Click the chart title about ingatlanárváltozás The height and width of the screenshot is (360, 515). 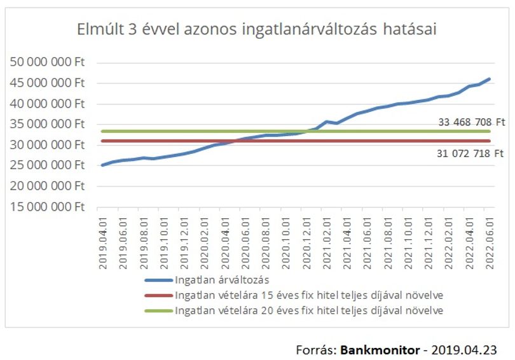coord(257,29)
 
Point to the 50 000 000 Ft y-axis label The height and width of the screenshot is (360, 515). coord(47,62)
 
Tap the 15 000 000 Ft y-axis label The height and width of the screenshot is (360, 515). coord(47,207)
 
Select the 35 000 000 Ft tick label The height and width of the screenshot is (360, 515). coord(47,124)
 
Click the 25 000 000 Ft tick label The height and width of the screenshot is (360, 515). coord(47,165)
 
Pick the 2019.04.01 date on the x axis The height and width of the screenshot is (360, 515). coord(103,243)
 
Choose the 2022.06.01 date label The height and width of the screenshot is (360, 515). coord(490,243)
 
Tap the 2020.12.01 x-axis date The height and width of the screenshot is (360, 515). coord(306,243)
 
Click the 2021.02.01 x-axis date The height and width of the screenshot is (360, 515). coord(327,243)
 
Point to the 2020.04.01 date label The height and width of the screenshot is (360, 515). coord(225,243)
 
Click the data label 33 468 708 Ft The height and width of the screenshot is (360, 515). coord(472,122)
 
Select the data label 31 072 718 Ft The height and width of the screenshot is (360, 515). coord(470,153)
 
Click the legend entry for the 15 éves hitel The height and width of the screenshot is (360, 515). coord(294,295)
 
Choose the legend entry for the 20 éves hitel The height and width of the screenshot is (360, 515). coord(294,310)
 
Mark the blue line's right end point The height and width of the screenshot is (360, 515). coord(490,79)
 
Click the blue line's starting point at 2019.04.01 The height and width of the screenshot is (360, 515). coord(103,165)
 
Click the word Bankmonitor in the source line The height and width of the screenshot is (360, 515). coord(380,350)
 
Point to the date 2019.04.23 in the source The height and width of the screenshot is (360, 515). coord(464,350)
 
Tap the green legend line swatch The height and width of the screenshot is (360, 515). coord(159,311)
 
